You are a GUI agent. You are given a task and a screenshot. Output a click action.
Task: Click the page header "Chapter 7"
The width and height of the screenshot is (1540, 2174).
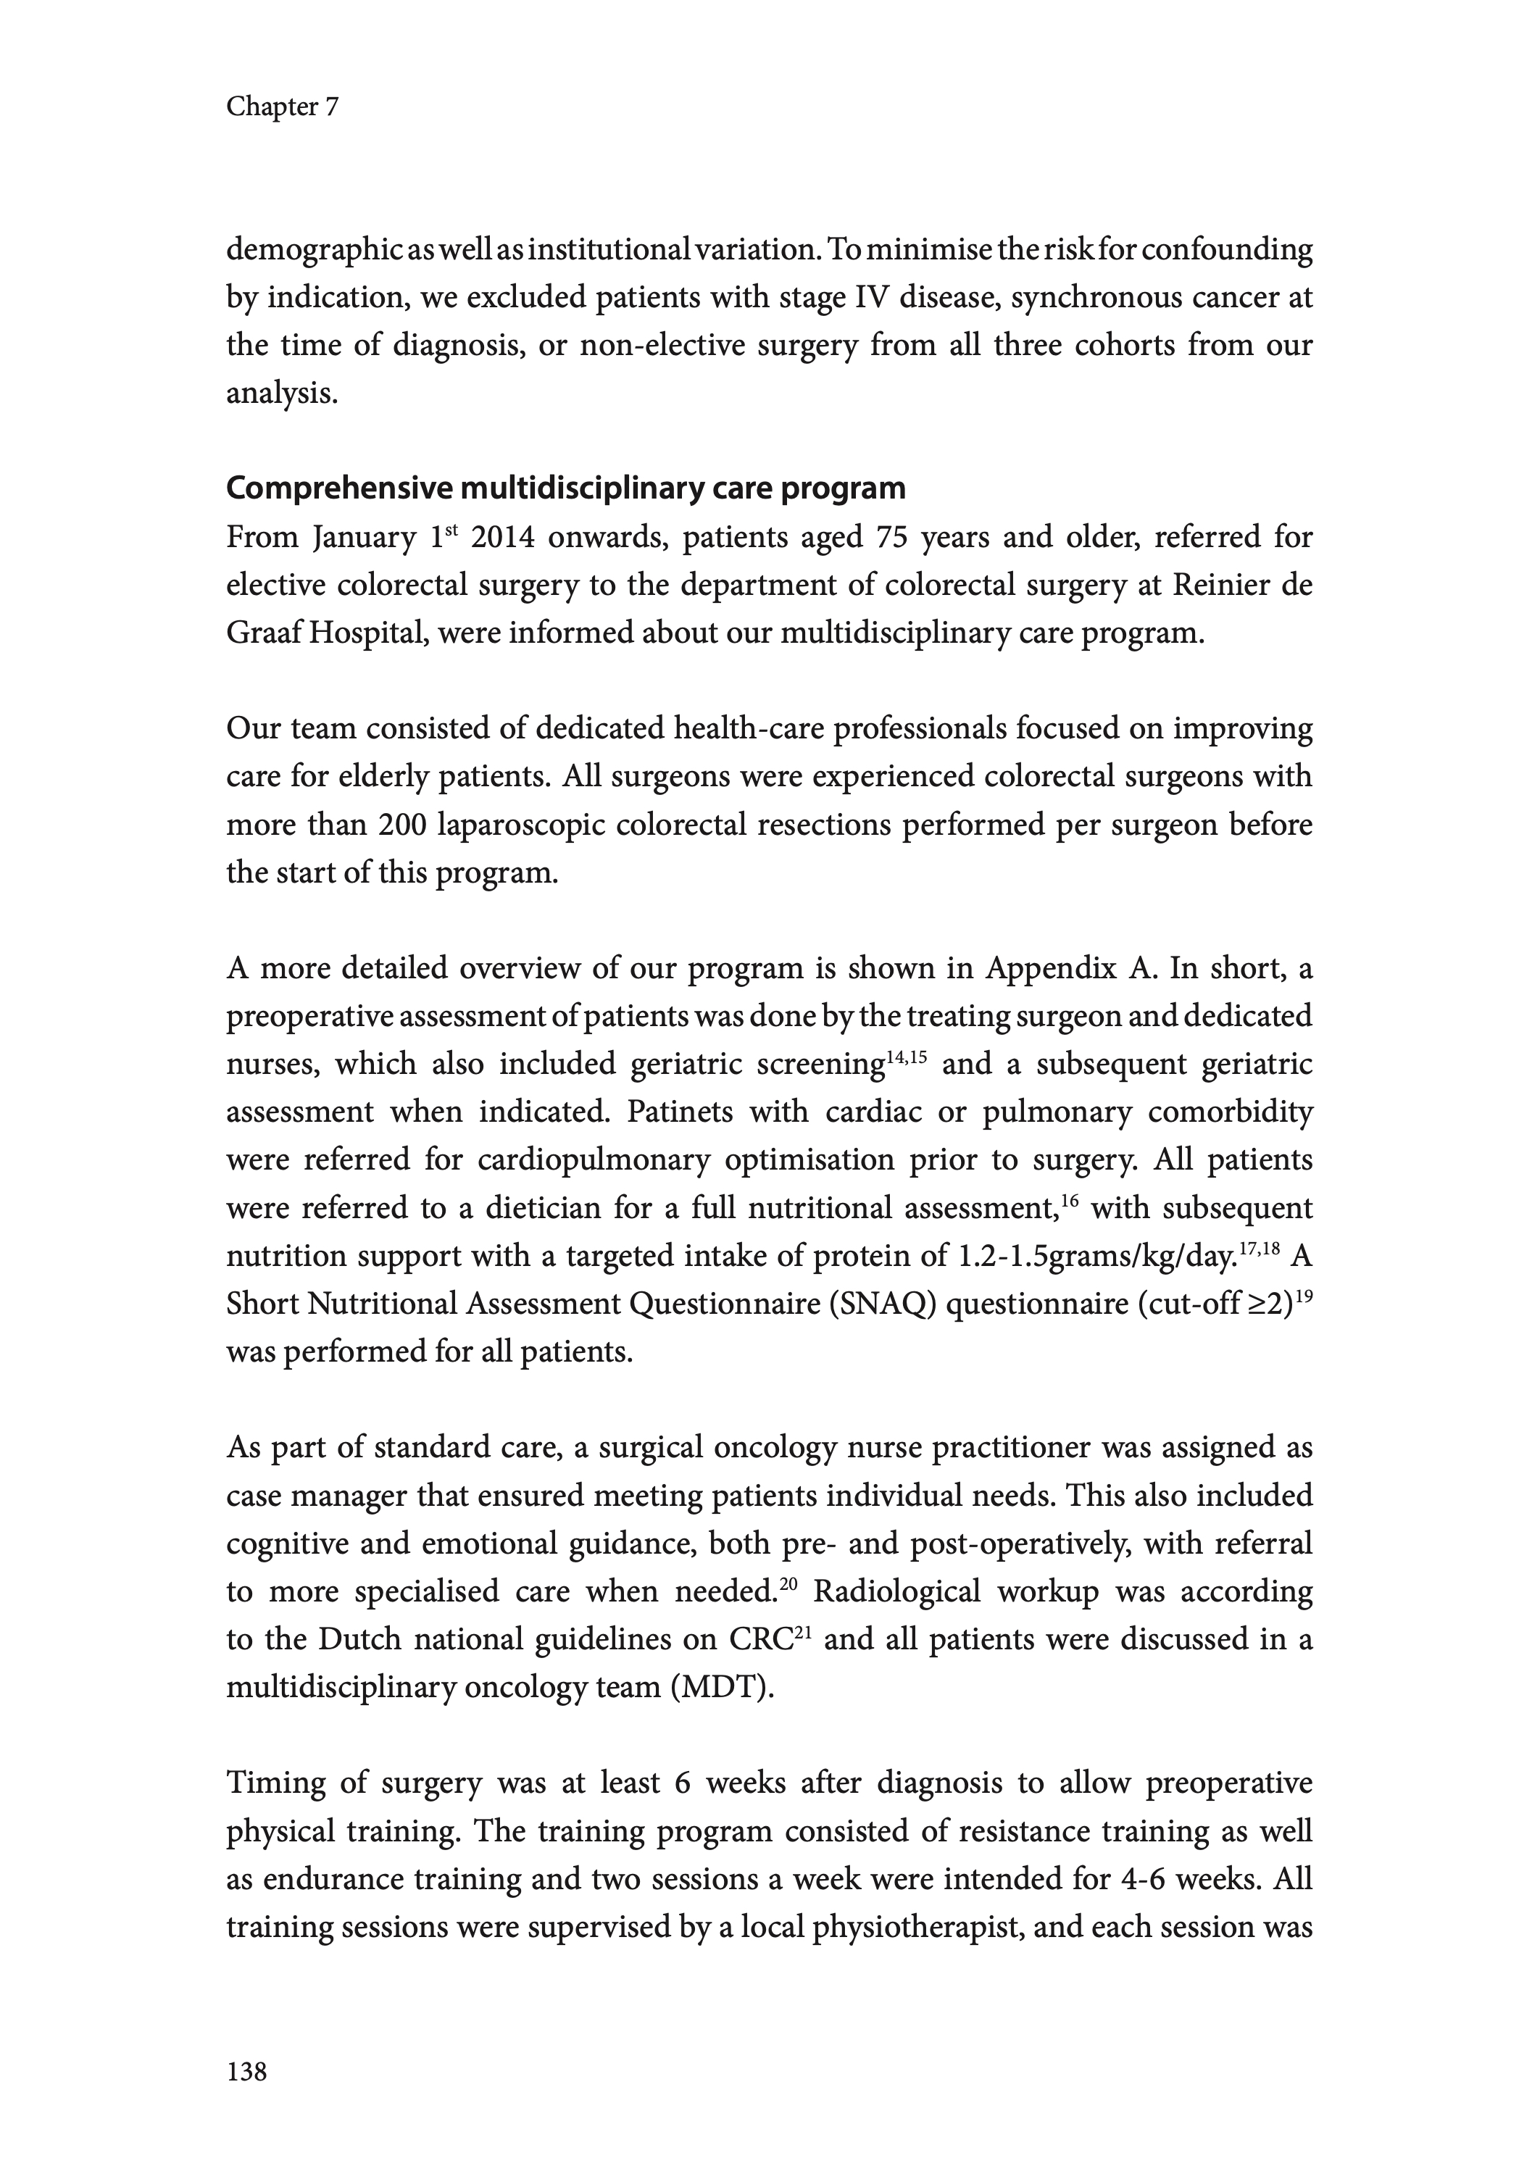click(x=282, y=107)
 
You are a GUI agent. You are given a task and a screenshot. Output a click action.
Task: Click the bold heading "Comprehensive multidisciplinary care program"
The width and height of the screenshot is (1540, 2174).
click(x=565, y=488)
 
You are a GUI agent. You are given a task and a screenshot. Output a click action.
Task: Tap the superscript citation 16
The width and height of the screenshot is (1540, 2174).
click(x=1070, y=1199)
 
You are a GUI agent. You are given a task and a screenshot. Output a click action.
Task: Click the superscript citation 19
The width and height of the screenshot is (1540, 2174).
click(x=1303, y=1294)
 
